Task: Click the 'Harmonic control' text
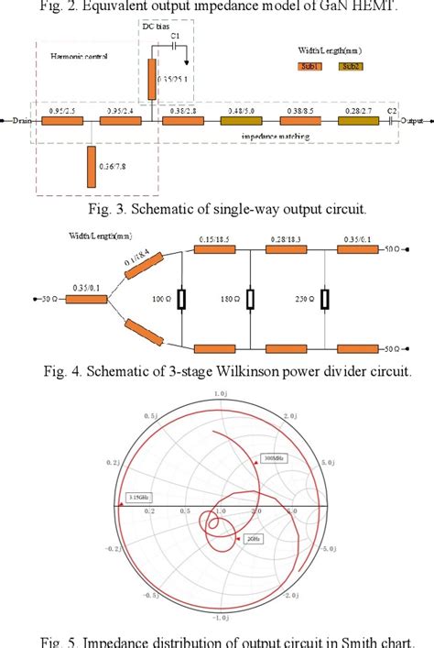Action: click(81, 56)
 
